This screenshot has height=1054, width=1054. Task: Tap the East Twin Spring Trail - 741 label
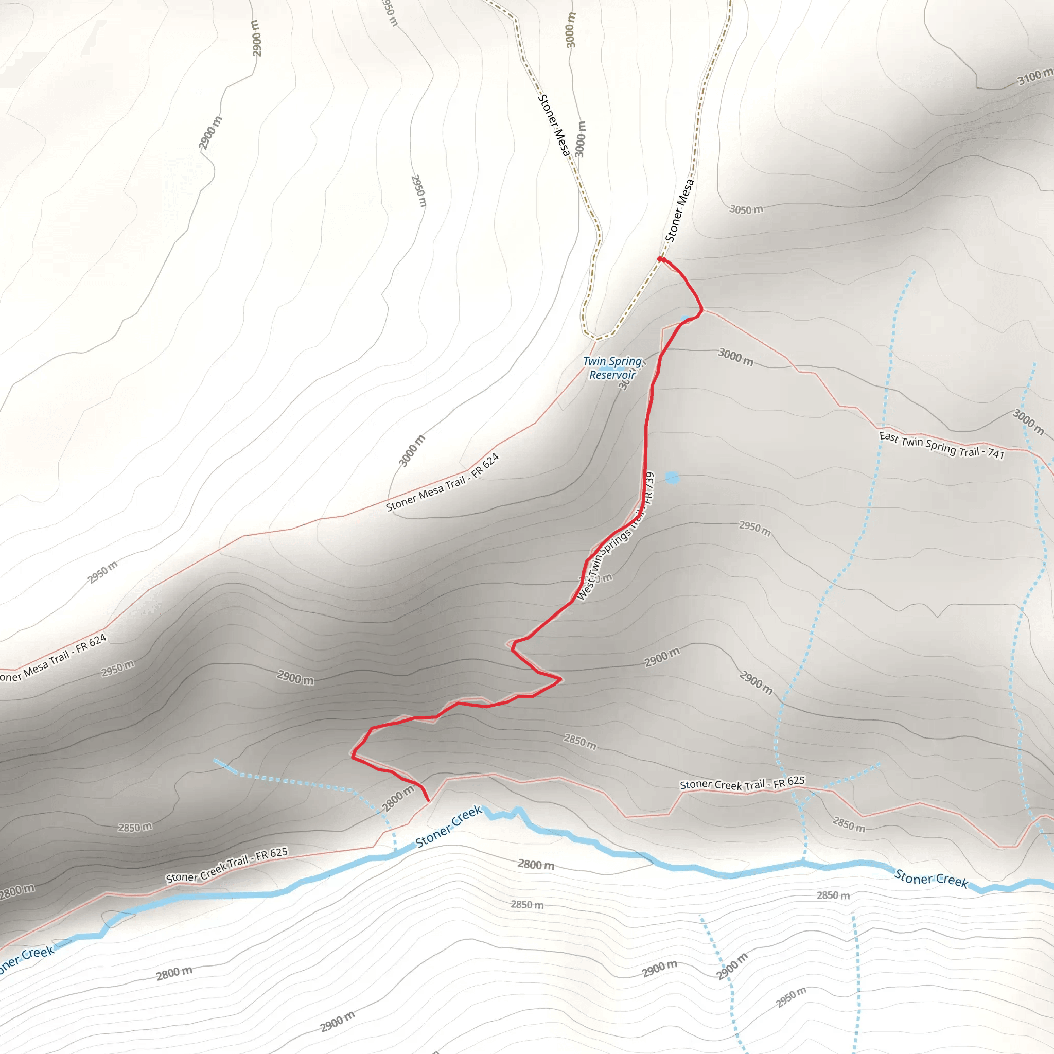tap(942, 445)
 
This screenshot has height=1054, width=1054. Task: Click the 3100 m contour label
tap(1035, 77)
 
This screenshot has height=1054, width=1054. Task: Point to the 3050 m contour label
tap(746, 209)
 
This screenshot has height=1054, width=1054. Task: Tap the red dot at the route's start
tap(660, 260)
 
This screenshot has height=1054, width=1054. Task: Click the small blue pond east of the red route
tap(672, 478)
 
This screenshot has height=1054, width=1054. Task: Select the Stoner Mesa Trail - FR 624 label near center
tap(443, 483)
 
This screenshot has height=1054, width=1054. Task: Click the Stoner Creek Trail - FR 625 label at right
tap(742, 784)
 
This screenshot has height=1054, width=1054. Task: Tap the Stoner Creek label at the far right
tap(930, 879)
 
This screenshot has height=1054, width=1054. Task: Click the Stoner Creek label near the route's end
tap(448, 828)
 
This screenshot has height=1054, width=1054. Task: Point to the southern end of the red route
tap(428, 800)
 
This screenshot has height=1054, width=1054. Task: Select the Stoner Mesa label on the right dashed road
tap(679, 210)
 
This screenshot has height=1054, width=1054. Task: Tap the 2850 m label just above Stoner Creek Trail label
tap(580, 742)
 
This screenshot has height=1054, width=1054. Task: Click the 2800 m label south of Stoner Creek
tap(536, 864)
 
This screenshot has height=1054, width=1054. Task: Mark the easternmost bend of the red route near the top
tap(701, 310)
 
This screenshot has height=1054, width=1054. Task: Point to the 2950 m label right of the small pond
tap(754, 528)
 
